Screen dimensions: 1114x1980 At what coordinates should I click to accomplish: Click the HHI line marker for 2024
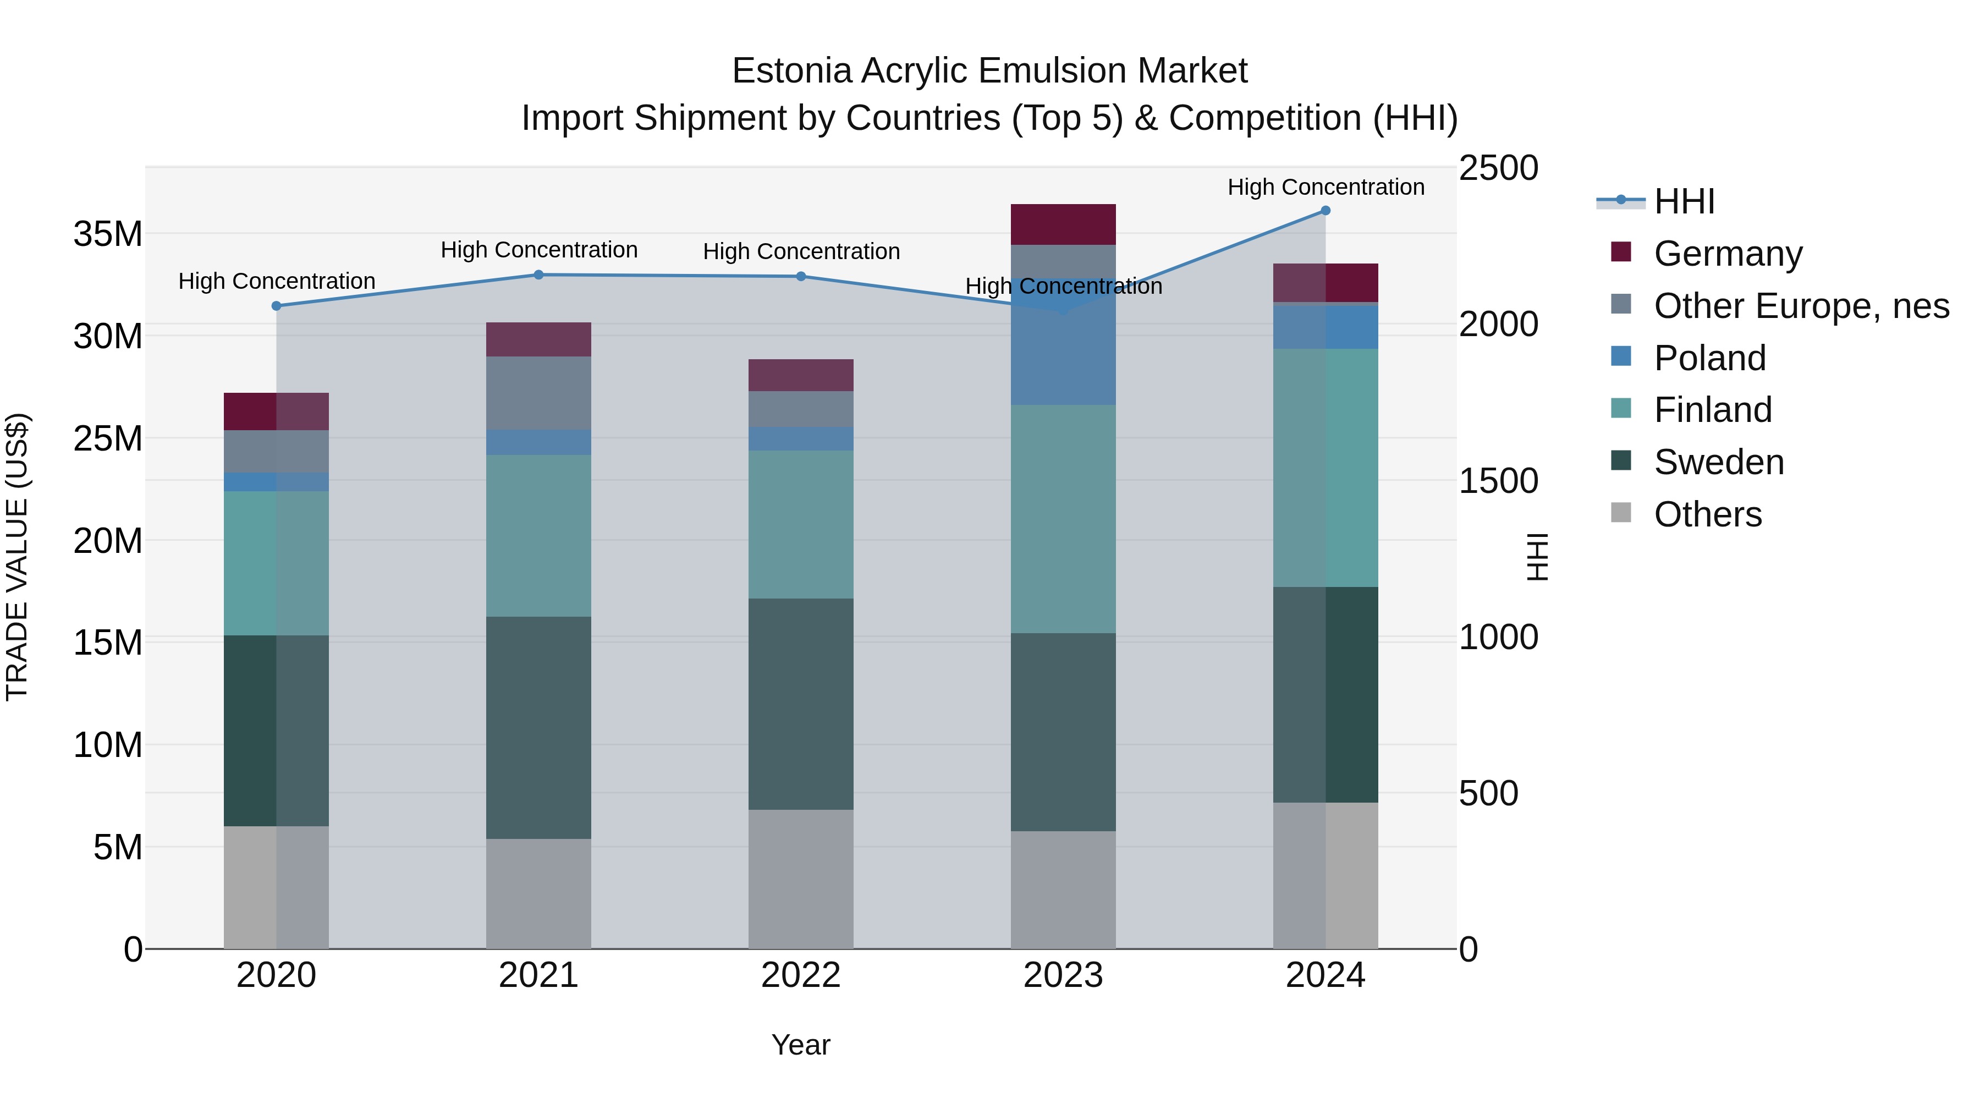point(1325,211)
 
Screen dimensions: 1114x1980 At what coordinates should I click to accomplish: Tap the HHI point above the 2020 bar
point(277,306)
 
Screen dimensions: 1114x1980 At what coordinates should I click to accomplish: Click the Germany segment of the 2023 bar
point(1063,224)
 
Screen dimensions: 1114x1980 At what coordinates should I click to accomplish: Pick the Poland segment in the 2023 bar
point(1063,342)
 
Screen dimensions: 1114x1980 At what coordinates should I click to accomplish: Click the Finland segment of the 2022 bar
point(801,524)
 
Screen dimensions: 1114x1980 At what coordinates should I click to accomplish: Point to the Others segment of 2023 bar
point(1063,890)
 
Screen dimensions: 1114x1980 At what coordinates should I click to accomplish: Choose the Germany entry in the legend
point(1727,254)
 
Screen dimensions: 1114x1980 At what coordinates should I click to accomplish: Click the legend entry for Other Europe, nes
point(1801,306)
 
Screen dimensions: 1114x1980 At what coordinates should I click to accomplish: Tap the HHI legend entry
point(1684,201)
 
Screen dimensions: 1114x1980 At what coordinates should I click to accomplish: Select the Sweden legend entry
point(1719,462)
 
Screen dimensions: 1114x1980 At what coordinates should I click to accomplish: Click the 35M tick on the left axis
point(108,234)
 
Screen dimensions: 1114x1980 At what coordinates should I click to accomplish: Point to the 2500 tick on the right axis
point(1498,168)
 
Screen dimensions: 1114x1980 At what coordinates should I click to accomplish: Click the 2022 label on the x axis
point(801,975)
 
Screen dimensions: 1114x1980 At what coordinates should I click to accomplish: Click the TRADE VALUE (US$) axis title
point(17,557)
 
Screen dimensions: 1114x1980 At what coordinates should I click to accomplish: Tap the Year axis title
point(801,1045)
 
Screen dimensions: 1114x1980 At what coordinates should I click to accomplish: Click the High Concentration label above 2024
point(1325,187)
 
